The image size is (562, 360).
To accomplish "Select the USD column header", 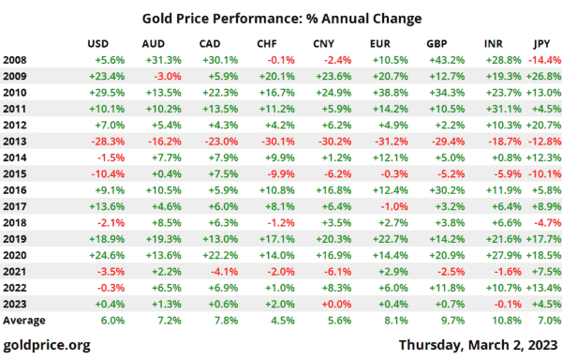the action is pos(97,44).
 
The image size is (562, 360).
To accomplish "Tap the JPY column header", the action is pos(541,44).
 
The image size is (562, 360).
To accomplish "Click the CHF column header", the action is pos(267,44).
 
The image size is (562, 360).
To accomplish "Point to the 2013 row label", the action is pos(15,142).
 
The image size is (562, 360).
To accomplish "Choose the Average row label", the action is pos(24,321).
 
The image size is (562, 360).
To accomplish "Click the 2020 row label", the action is pos(15,255).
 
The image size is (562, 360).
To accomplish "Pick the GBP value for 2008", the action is pos(447,60).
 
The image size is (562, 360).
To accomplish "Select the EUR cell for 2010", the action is pos(391,93).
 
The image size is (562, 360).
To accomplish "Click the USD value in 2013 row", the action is pos(108,142).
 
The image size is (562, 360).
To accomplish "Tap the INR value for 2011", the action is pos(504,109).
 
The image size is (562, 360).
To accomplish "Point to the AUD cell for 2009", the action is pos(168,76).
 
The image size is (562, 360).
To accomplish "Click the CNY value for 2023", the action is pos(336,304).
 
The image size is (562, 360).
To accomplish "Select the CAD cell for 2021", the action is pos(225,272).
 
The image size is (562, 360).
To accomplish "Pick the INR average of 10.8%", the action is pos(507,321).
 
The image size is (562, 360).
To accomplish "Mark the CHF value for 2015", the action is pos(281,173).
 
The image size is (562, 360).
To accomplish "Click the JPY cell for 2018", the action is pos(547,223).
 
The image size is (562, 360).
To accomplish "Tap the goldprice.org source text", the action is pos(47,345).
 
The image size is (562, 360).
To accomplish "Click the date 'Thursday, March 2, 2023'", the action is pos(479,345).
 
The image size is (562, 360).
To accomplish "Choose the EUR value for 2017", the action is pos(394,206).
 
